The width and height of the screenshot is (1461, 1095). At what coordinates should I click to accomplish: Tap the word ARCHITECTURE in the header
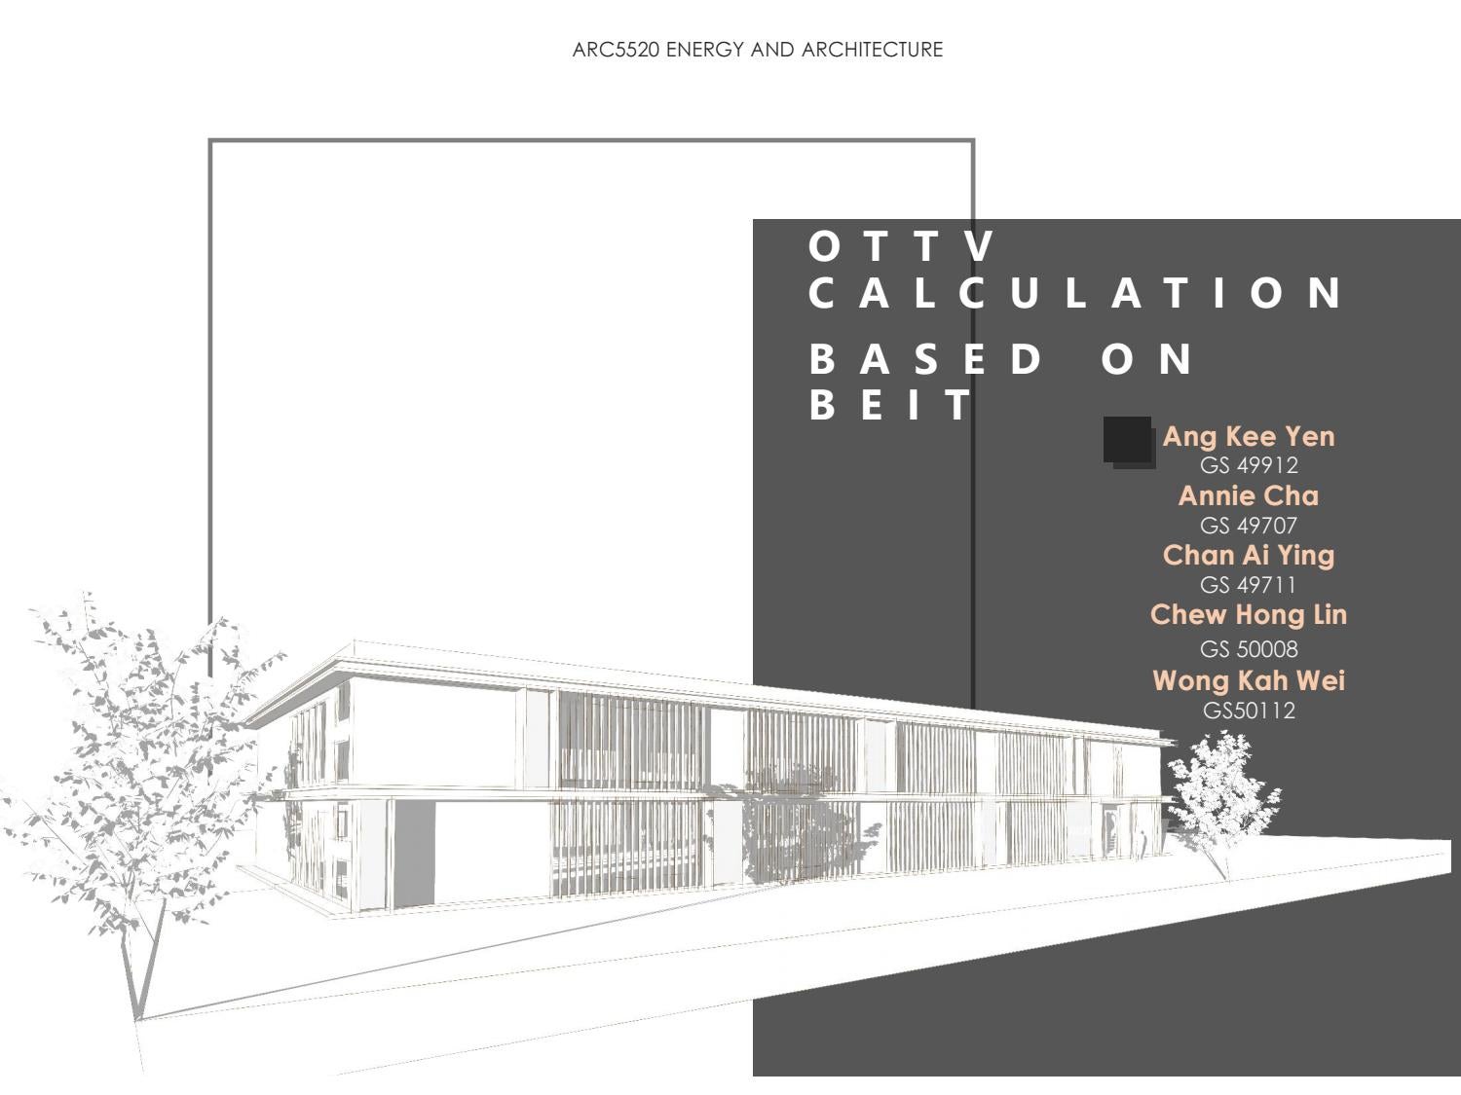click(x=872, y=50)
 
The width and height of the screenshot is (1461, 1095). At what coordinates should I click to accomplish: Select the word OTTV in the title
click(x=902, y=246)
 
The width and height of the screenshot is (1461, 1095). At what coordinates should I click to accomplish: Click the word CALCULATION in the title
click(x=1076, y=293)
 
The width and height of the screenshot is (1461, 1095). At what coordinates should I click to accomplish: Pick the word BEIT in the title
click(x=892, y=404)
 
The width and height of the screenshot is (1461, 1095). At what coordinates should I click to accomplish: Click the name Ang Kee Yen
click(x=1249, y=436)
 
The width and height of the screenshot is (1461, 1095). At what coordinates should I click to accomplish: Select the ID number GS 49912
click(x=1249, y=465)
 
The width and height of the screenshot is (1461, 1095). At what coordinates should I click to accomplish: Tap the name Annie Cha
click(x=1249, y=495)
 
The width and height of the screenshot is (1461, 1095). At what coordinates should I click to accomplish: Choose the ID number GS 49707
click(x=1249, y=526)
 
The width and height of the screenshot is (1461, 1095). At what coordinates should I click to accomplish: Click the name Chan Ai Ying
click(x=1249, y=555)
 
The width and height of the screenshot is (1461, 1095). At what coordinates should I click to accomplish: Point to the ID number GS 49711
click(x=1249, y=585)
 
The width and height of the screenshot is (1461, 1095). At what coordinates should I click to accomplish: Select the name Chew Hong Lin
click(x=1249, y=614)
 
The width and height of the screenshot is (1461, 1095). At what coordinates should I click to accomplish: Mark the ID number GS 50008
click(x=1249, y=649)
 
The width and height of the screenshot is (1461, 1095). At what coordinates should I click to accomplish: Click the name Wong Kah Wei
click(x=1249, y=680)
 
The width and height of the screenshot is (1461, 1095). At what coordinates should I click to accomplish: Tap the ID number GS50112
click(x=1249, y=711)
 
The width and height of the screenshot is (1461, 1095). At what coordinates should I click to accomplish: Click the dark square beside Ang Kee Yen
click(x=1128, y=441)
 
